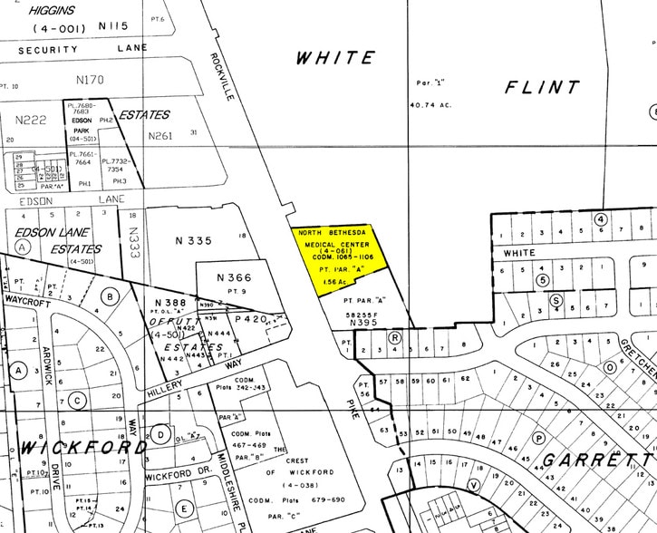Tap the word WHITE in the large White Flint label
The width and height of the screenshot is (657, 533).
coord(334,58)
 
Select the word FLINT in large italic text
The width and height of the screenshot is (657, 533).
coord(542,88)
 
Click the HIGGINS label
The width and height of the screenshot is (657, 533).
coord(51,11)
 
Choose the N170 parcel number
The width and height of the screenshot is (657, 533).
coord(90,80)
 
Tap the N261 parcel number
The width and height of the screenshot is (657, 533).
coord(159,136)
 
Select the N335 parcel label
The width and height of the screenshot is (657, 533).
coord(193,240)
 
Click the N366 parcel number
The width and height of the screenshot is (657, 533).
coord(234,277)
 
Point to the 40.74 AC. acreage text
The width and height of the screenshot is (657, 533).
coord(430,106)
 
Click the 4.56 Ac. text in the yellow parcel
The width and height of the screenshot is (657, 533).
coord(334,282)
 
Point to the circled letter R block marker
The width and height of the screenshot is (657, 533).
coord(395,336)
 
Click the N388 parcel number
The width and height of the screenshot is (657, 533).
coord(169,302)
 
